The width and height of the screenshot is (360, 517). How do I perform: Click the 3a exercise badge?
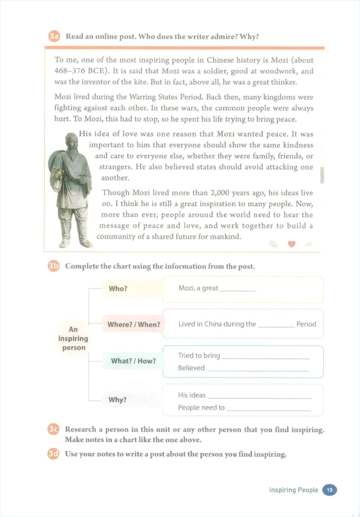pos(54,36)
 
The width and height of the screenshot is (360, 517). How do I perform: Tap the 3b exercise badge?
pos(53,266)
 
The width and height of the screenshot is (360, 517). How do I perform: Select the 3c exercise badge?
pos(53,429)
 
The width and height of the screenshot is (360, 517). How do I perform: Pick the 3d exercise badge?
pos(53,454)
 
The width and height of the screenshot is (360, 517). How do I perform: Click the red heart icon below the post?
pos(291,244)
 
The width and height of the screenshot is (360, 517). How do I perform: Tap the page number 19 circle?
pos(329,490)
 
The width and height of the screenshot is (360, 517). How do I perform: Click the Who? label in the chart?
pos(118,288)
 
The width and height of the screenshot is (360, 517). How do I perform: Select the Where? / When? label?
pos(133,324)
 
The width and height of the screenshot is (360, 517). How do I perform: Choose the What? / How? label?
pos(133,361)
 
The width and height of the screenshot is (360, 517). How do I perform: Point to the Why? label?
pos(118,399)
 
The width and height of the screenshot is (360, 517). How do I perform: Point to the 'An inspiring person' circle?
pos(73,338)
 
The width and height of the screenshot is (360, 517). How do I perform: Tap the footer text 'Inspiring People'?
pos(293,490)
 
